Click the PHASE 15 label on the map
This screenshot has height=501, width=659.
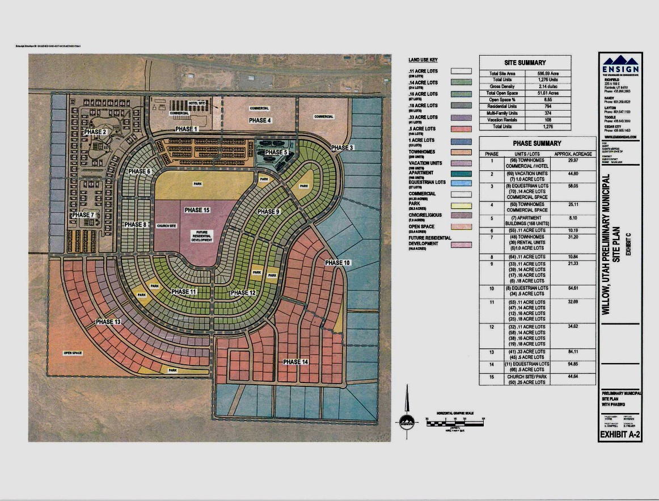click(x=197, y=210)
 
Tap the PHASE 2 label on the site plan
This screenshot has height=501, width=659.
click(x=95, y=132)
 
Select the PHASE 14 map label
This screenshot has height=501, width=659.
click(x=295, y=362)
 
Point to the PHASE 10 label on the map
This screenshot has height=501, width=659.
click(x=337, y=263)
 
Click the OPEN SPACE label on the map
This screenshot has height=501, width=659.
click(x=73, y=353)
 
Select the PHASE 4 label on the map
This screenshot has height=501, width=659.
click(x=260, y=120)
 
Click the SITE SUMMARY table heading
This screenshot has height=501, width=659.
click(x=525, y=62)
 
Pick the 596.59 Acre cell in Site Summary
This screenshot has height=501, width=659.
click(x=548, y=74)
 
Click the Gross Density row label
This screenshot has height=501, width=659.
click(x=502, y=86)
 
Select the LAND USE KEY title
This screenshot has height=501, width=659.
click(x=423, y=60)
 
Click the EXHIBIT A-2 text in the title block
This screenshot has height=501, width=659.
click(x=620, y=436)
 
